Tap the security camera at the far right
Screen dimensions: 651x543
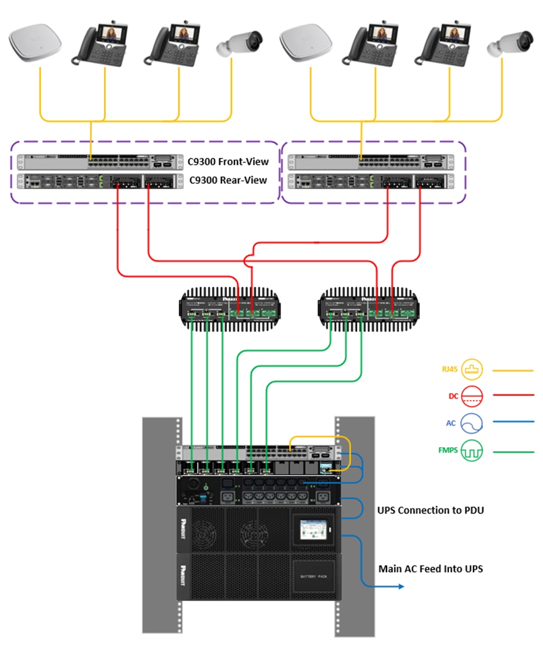coord(510,43)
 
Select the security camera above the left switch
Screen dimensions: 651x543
coord(240,43)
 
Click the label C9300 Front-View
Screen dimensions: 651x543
coord(229,162)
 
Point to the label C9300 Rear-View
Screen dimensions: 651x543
coord(229,180)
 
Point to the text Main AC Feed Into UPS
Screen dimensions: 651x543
coord(431,568)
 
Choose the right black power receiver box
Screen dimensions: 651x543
coord(370,307)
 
